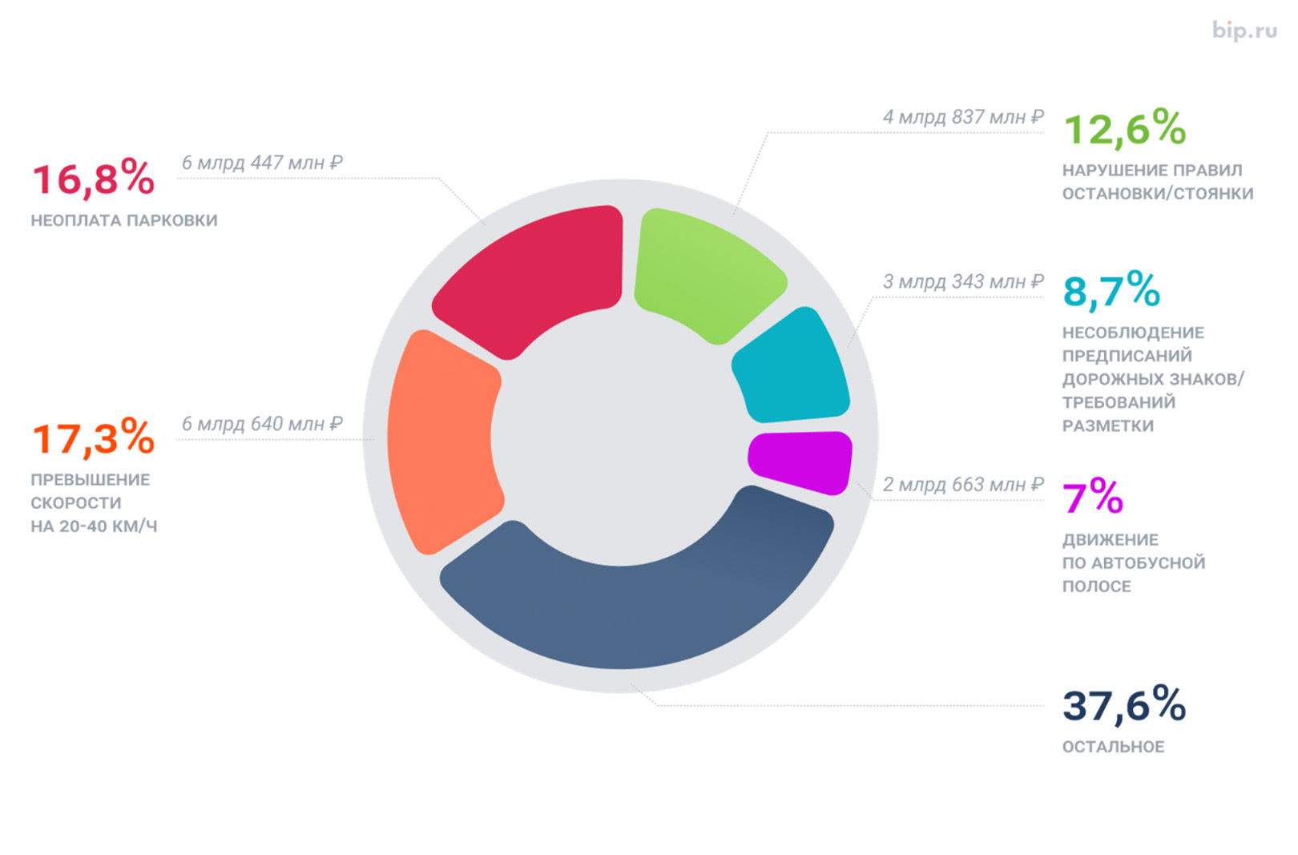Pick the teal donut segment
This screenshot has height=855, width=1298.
[793, 369]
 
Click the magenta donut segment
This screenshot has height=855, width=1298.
[801, 460]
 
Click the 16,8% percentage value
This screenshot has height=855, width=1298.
[93, 179]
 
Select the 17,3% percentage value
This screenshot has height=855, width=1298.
[93, 438]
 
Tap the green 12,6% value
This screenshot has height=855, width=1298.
[1124, 129]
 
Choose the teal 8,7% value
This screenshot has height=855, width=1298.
[1111, 291]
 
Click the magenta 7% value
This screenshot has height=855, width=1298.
[1093, 497]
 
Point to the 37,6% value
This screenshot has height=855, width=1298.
[1124, 705]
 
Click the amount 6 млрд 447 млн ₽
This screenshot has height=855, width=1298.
[262, 163]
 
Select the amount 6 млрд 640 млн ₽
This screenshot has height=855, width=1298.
[262, 424]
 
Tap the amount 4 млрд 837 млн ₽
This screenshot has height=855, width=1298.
[963, 117]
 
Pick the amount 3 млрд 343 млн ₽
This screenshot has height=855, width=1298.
[963, 282]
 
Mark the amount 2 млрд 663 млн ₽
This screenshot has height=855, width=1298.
[963, 485]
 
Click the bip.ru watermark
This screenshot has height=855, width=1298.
[1244, 30]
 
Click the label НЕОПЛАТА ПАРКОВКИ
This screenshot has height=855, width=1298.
[124, 220]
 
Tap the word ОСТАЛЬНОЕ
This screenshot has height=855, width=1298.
[1113, 747]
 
